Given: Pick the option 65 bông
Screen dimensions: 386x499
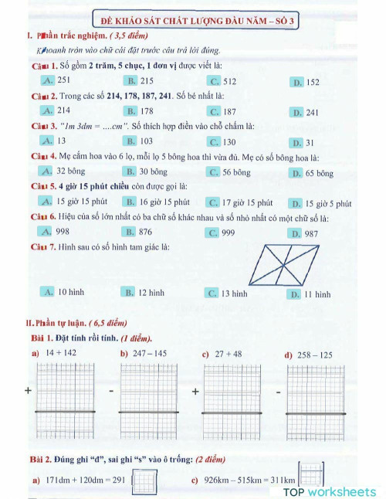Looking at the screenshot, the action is click(x=313, y=173).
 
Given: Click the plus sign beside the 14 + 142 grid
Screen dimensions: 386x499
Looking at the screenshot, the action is click(x=28, y=392).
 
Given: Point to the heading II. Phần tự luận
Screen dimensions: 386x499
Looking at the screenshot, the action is click(x=66, y=323).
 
